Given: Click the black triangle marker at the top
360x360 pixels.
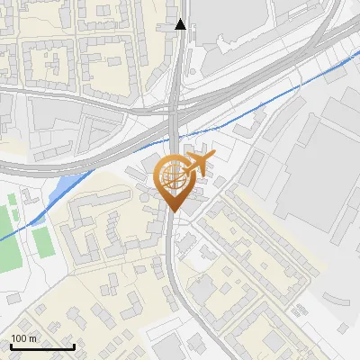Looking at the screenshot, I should coord(181,24).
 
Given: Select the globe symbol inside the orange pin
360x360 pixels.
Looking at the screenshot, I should coord(172,175).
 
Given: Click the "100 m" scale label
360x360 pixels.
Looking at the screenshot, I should coord(24,338).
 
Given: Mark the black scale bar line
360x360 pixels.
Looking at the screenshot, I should coord(42,346).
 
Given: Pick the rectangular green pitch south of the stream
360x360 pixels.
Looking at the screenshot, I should coord(40,238).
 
